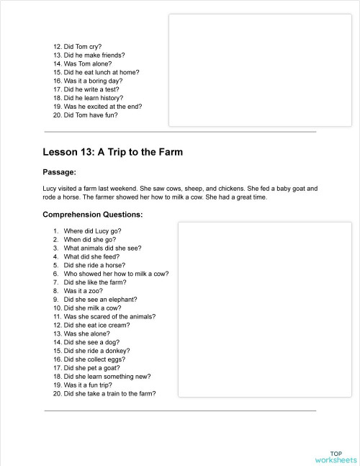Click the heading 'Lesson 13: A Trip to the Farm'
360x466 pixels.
(112, 152)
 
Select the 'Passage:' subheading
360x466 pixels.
(60, 172)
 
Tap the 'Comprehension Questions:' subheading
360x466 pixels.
(93, 214)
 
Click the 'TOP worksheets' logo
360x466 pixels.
(336, 457)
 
